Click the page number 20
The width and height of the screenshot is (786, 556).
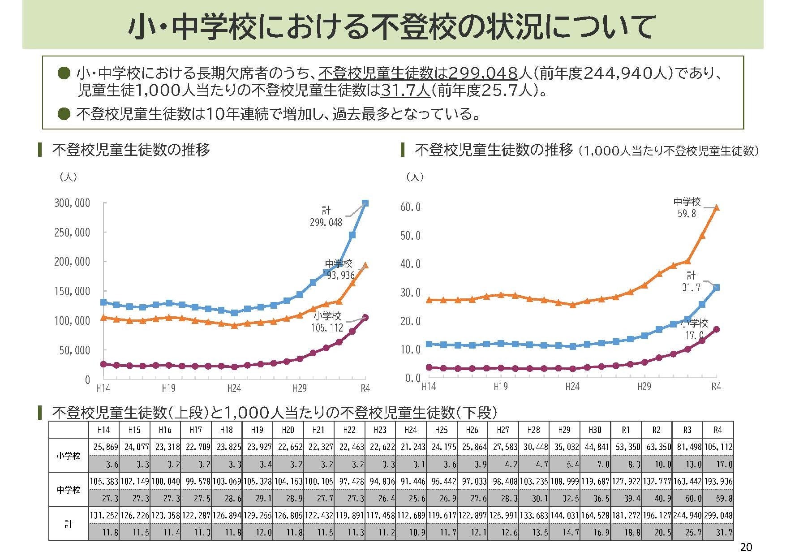[746, 547]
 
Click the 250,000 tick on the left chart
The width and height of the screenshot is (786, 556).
[72, 232]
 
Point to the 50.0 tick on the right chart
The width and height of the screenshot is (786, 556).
[410, 236]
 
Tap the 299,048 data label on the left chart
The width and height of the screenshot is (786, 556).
[326, 222]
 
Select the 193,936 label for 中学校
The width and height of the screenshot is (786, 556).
[339, 276]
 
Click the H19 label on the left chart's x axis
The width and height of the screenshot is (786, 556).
[168, 388]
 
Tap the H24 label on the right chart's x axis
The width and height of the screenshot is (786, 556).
[572, 386]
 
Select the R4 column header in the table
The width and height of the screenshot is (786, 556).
[717, 430]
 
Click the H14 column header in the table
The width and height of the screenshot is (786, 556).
[103, 430]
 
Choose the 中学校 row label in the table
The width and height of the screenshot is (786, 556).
[69, 490]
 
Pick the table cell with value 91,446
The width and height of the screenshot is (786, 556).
[410, 481]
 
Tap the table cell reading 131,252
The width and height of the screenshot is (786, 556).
[103, 516]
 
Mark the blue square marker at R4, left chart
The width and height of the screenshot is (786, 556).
[365, 203]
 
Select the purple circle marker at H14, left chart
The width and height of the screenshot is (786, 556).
[103, 364]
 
